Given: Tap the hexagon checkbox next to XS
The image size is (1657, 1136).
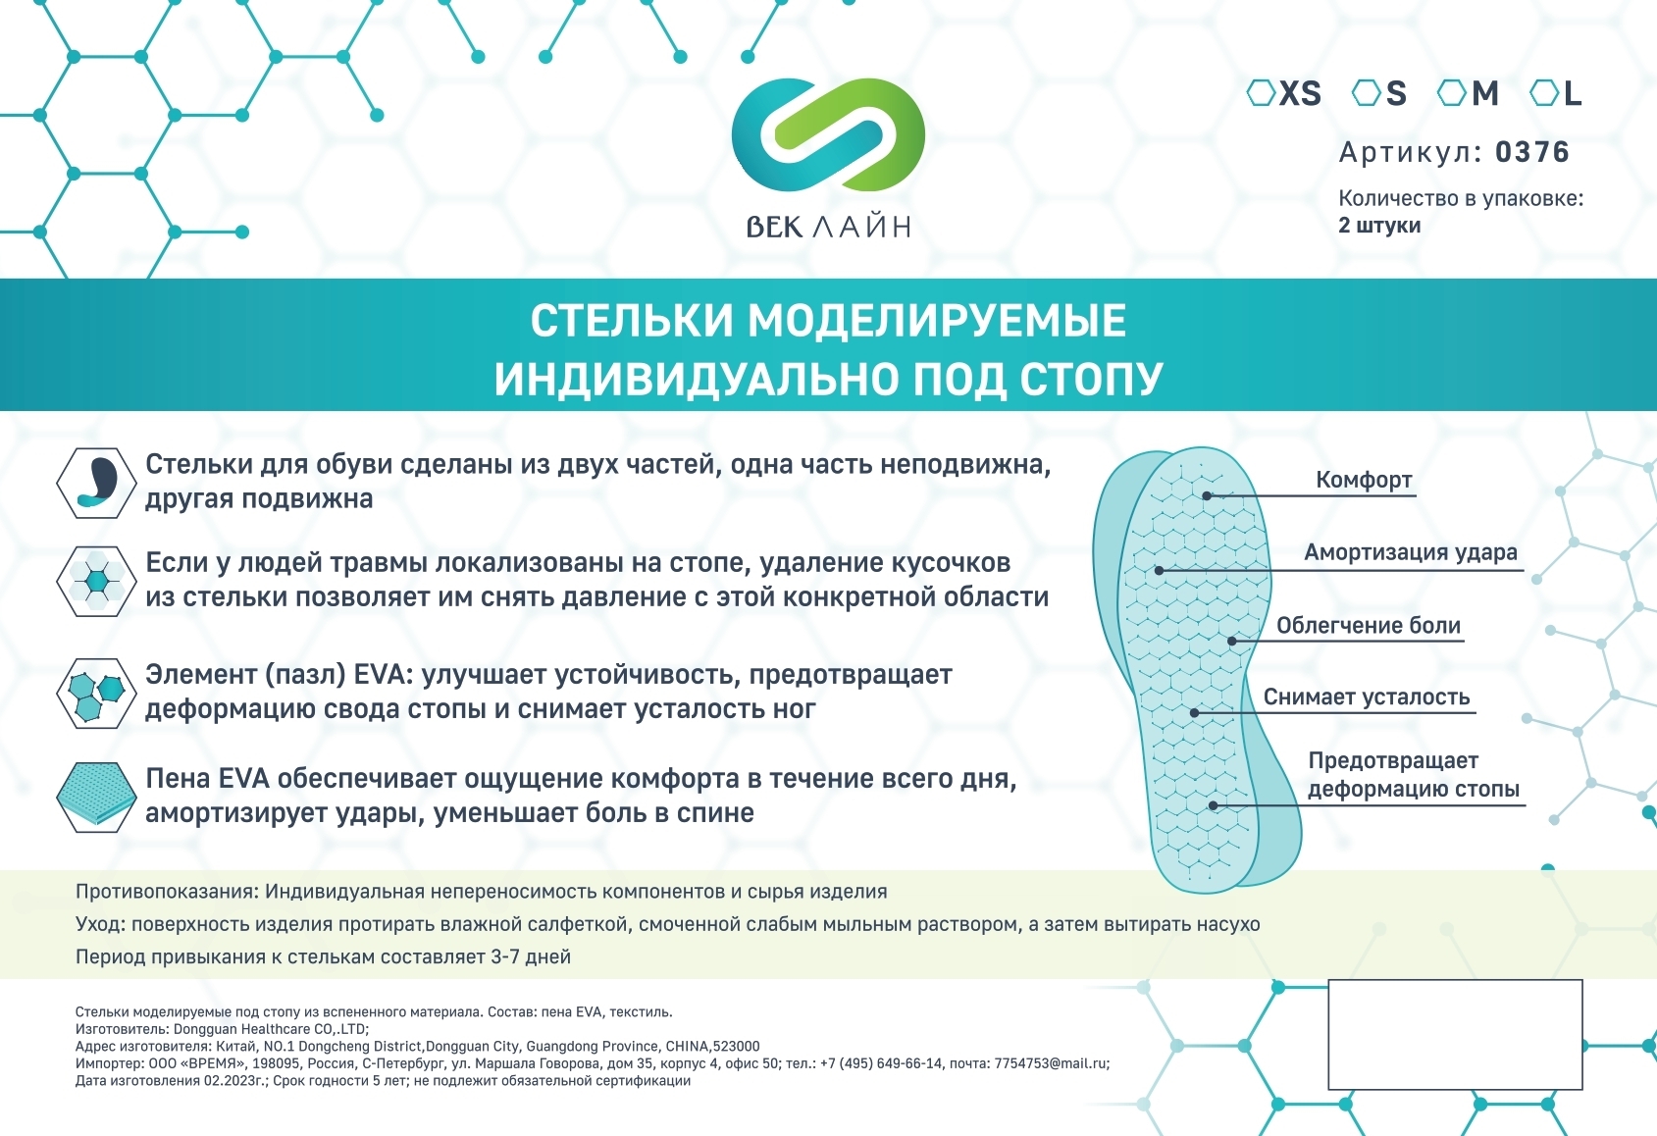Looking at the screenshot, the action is tap(1261, 93).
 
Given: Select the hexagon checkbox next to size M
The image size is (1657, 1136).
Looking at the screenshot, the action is tap(1451, 93).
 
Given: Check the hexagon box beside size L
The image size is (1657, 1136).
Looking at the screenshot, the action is tap(1544, 93).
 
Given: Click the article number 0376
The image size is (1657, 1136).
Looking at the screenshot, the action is tap(1532, 152).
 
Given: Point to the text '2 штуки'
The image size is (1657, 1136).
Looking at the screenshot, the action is tap(1378, 226).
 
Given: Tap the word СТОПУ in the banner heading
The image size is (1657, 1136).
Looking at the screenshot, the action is tap(1091, 380).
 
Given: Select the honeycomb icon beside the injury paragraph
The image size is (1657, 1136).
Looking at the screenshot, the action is tap(97, 582).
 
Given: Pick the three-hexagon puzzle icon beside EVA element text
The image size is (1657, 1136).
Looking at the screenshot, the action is tap(97, 693).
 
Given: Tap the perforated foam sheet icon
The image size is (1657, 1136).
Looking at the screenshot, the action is tap(97, 798).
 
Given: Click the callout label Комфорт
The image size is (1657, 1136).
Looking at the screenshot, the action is tap(1364, 480).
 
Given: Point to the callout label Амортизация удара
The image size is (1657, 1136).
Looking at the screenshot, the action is tap(1410, 552).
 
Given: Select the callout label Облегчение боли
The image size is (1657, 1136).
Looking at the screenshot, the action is tap(1369, 626).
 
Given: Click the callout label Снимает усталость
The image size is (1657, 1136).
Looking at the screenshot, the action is tap(1367, 697).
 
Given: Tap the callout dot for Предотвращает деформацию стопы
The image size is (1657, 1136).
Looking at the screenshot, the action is tap(1214, 805).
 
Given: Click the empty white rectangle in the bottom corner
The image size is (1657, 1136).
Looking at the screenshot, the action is tap(1455, 1035).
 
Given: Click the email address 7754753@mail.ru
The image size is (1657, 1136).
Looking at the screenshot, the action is tap(1051, 1063).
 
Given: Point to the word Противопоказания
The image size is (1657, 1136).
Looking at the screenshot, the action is tap(167, 892).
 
